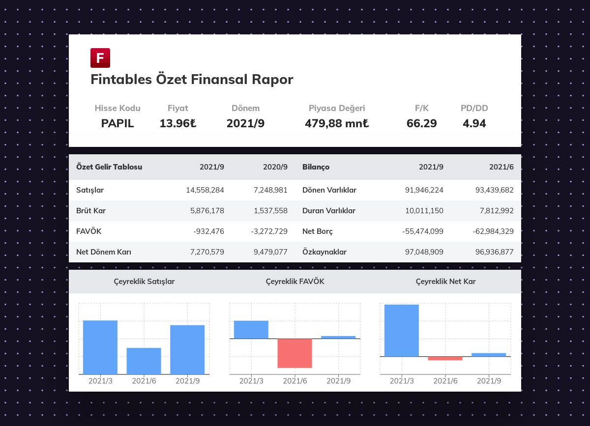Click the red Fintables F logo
coord(100,58)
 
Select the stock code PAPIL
coord(118,123)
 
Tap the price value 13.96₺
coord(178,123)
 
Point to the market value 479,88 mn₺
coord(337,123)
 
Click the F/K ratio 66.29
coord(421,123)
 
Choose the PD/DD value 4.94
coord(474,123)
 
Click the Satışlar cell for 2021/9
coord(205,190)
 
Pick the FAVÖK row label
coord(89,231)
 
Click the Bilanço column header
coord(316,167)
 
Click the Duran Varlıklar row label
coord(329,211)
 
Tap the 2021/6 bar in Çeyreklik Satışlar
coord(144,361)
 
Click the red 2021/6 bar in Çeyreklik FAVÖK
coord(295,353)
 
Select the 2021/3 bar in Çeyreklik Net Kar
coord(402,330)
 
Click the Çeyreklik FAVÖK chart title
coord(295,282)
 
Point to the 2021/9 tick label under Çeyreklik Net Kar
coord(489,381)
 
